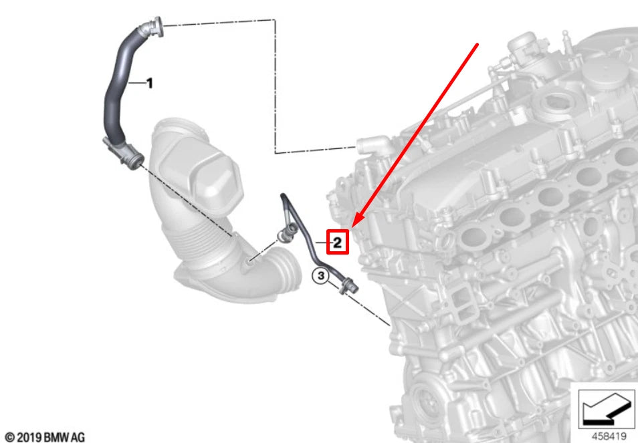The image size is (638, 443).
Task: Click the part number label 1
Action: tap(150, 84)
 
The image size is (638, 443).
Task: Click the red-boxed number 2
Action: tap(338, 242)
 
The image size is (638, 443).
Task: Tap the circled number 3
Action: tap(321, 275)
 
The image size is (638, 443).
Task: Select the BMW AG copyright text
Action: tap(45, 437)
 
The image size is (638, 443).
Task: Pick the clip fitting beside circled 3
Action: tap(348, 287)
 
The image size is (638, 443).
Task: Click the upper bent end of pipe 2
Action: tap(284, 198)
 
